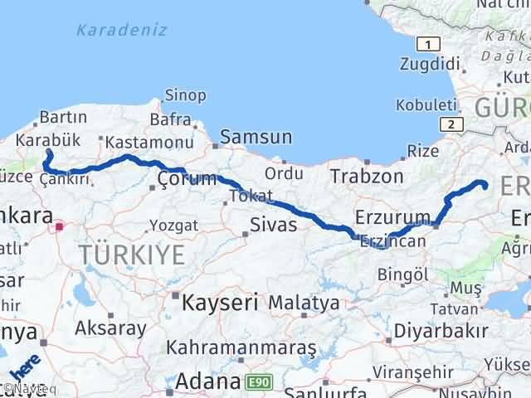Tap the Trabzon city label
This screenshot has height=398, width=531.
coord(366,176)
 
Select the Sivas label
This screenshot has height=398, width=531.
coord(274,224)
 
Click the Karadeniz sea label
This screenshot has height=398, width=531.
coord(121,30)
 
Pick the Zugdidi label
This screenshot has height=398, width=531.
coord(429,63)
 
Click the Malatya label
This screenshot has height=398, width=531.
coord(303,303)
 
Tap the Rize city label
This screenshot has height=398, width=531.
coord(423,151)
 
